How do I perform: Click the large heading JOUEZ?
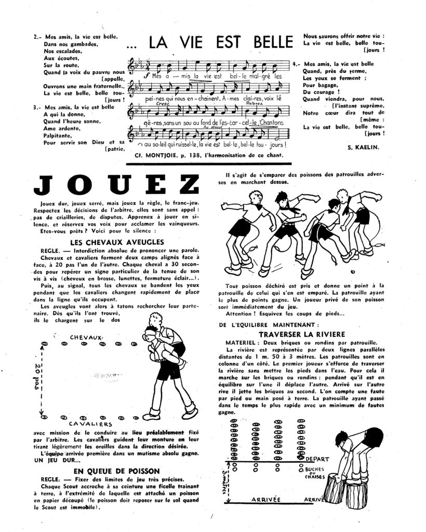(x=115, y=184)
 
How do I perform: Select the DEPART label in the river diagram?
(x=319, y=458)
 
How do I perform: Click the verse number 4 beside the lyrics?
(x=295, y=63)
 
